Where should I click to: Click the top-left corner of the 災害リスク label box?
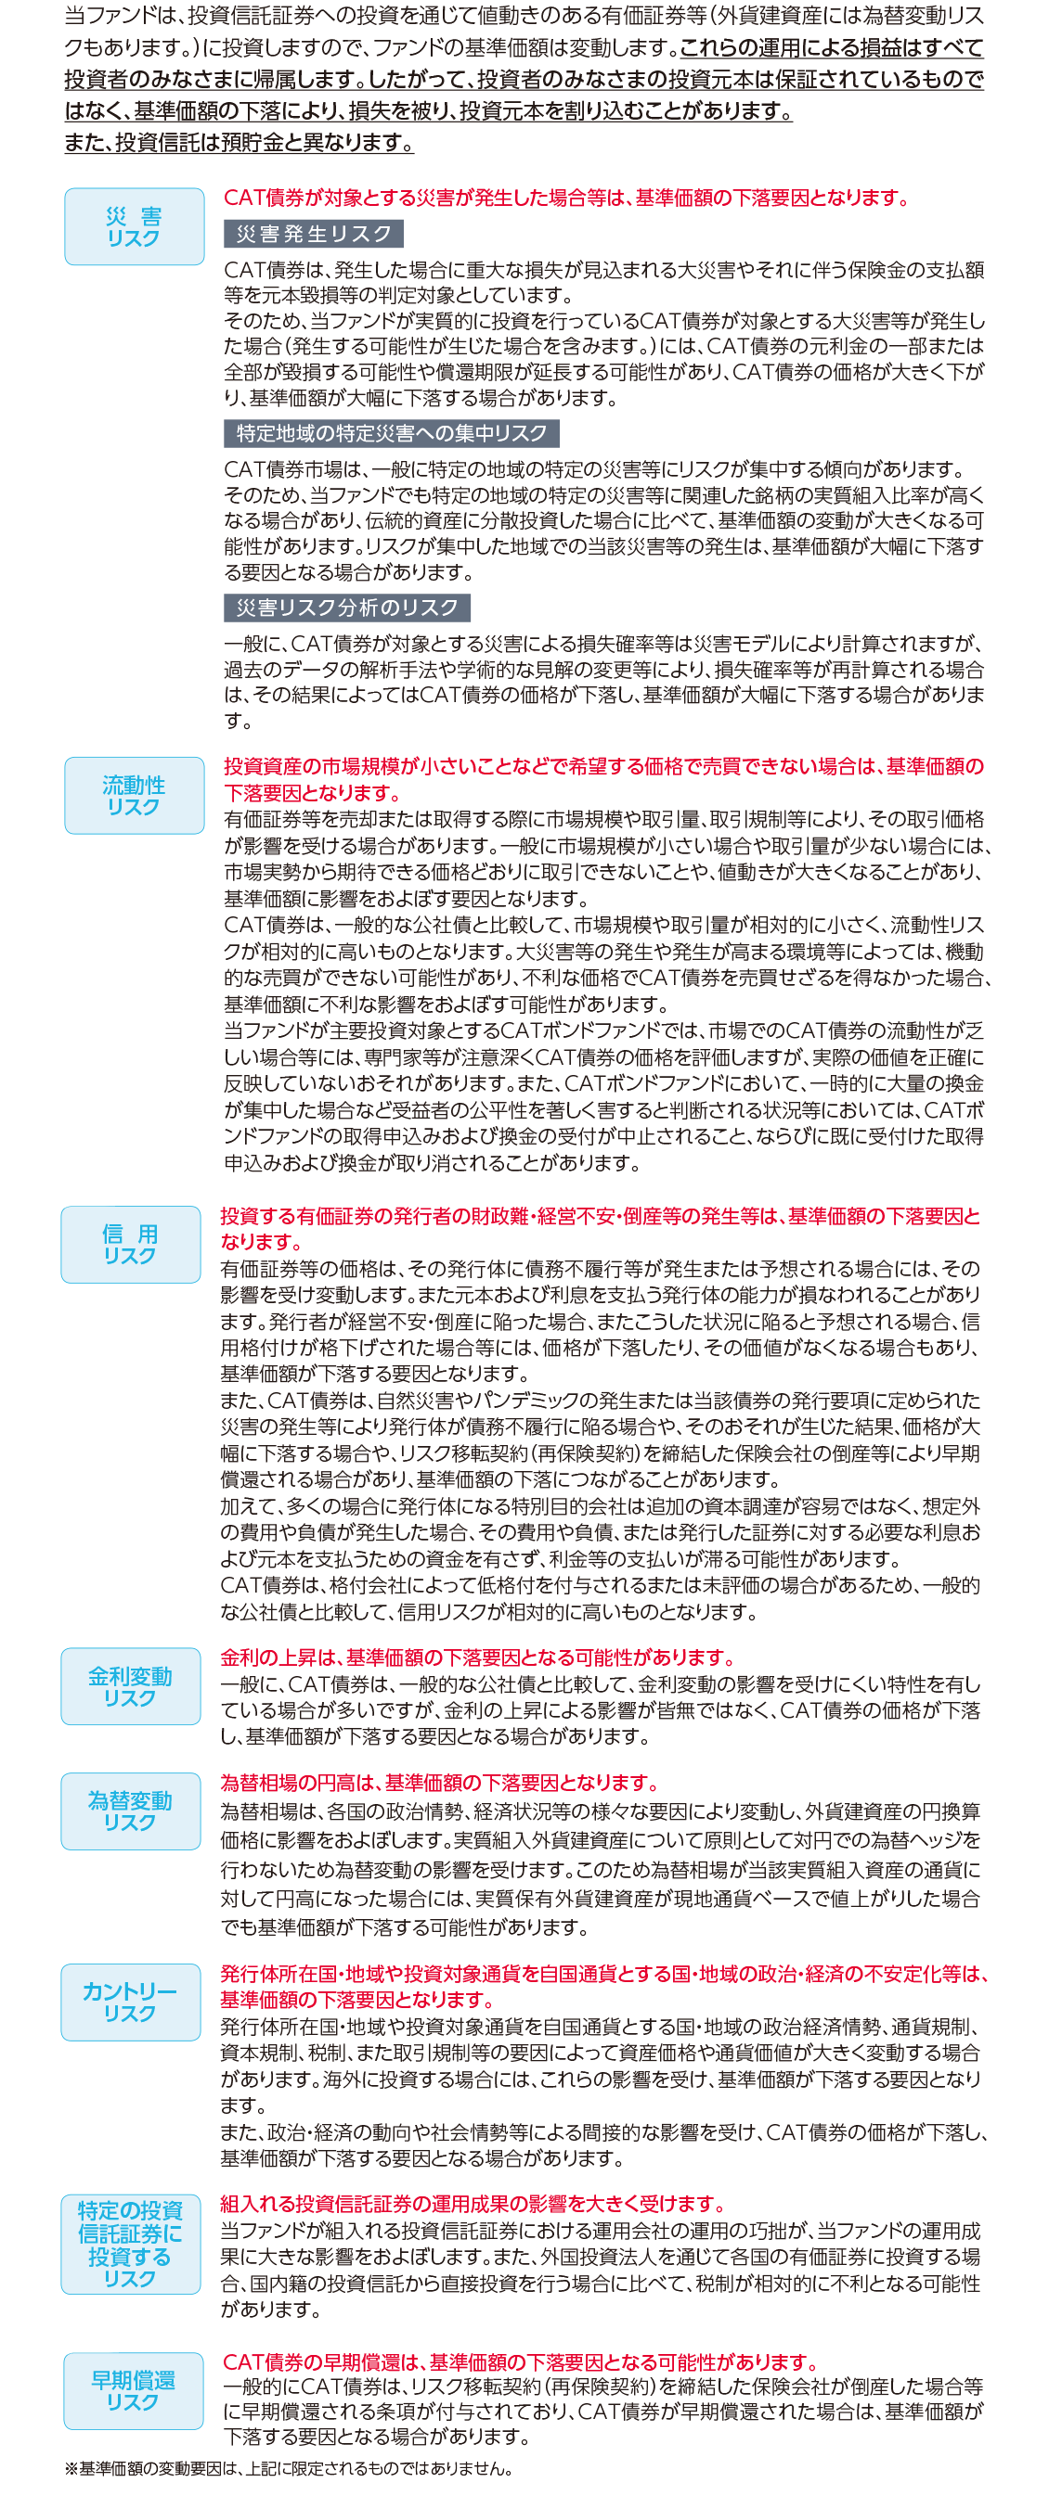pyautogui.click(x=65, y=189)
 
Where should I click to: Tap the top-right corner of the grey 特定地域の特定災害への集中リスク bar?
pyautogui.click(x=560, y=419)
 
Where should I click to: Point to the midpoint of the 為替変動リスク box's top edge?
pyautogui.click(x=131, y=1772)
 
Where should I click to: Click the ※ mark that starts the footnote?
pyautogui.click(x=71, y=2468)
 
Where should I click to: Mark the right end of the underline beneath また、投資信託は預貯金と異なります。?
pyautogui.click(x=414, y=153)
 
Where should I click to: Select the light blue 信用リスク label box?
pyautogui.click(x=131, y=1245)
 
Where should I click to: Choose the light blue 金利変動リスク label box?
pyautogui.click(x=131, y=1686)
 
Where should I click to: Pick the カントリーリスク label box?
pyautogui.click(x=131, y=2003)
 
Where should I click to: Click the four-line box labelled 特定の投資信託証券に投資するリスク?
pyautogui.click(x=131, y=2245)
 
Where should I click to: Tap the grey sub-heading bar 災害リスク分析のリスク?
pyautogui.click(x=347, y=608)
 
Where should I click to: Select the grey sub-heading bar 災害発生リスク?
pyautogui.click(x=314, y=234)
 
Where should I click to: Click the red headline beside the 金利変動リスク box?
pyautogui.click(x=478, y=1657)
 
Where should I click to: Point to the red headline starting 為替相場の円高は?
pyautogui.click(x=440, y=1783)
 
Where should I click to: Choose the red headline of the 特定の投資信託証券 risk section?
pyautogui.click(x=473, y=2203)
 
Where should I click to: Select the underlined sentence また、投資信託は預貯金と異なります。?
pyautogui.click(x=240, y=142)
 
